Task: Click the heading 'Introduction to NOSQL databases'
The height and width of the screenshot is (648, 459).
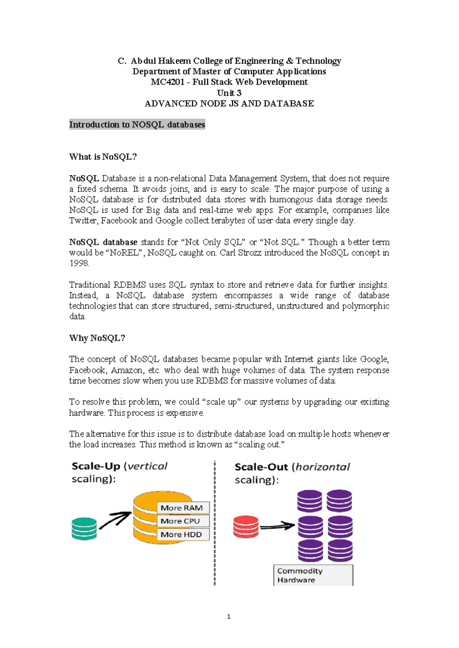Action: tap(137, 125)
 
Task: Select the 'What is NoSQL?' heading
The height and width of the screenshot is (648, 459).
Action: tap(103, 157)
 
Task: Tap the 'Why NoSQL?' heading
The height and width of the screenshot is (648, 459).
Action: tap(97, 338)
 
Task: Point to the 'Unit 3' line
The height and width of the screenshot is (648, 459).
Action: tap(229, 93)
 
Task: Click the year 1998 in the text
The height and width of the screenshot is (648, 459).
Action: tap(79, 263)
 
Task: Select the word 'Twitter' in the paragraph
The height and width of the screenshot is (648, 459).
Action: tap(83, 220)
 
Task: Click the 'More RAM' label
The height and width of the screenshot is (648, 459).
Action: tap(182, 508)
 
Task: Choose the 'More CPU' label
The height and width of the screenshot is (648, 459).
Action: tap(180, 521)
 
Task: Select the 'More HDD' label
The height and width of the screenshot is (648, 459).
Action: tap(181, 535)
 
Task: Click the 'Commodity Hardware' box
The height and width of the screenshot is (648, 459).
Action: tap(313, 575)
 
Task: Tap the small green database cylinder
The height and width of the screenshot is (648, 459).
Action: tap(84, 528)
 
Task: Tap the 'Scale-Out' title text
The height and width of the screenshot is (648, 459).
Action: tap(261, 467)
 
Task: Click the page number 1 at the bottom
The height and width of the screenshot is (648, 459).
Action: tap(229, 616)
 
